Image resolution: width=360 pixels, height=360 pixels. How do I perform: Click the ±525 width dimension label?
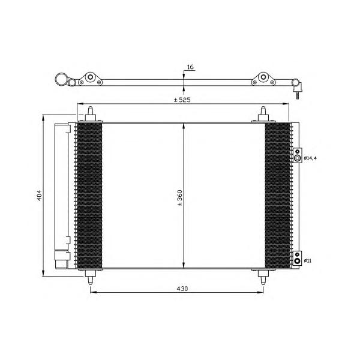[x=182, y=100]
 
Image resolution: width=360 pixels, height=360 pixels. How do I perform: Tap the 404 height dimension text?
[x=40, y=196]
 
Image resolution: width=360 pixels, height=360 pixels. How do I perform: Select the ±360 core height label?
[x=179, y=198]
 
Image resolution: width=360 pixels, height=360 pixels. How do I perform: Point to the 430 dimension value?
[x=182, y=289]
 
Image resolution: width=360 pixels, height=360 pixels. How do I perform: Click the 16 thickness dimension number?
[x=190, y=67]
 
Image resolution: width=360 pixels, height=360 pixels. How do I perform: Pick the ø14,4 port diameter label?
[x=310, y=158]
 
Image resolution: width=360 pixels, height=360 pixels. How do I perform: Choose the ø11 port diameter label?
[x=308, y=261]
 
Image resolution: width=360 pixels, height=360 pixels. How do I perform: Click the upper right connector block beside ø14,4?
[x=298, y=155]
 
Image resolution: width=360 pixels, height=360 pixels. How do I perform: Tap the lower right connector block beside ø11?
[x=298, y=258]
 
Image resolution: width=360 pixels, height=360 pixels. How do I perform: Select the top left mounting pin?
[x=91, y=113]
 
